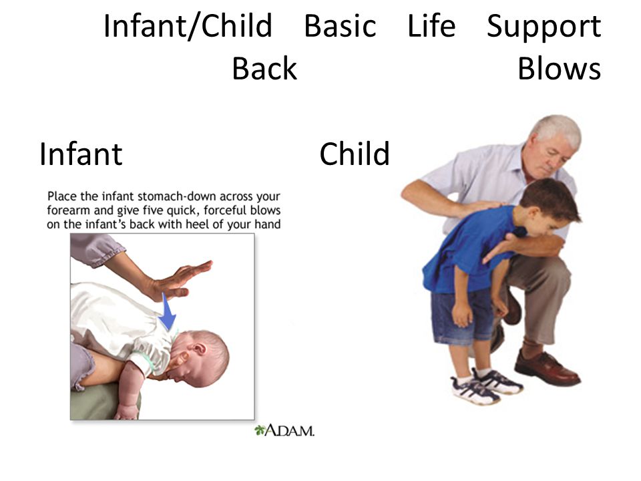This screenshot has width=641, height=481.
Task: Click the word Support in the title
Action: coord(544,27)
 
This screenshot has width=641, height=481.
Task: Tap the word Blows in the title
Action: coord(560,68)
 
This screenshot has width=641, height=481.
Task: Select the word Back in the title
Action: coord(264,68)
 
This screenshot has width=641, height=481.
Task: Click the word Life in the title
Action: coord(431,25)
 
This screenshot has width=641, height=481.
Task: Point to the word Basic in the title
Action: coord(340,25)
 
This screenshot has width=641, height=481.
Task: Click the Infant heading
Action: coord(81,154)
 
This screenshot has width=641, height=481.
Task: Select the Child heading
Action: coord(355,154)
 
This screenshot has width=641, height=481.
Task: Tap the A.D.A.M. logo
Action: coord(284,430)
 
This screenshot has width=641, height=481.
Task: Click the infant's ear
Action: coord(200,349)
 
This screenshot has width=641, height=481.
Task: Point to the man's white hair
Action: coord(556,130)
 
